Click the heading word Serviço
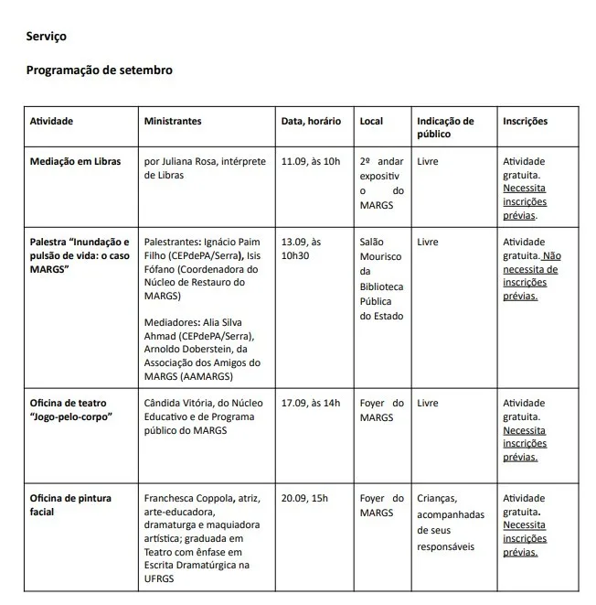click(46, 37)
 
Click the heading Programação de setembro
click(99, 70)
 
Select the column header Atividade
click(51, 121)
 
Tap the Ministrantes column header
click(173, 121)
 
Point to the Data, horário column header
click(311, 121)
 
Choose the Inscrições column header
click(525, 121)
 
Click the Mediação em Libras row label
click(75, 161)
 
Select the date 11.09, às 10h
click(311, 161)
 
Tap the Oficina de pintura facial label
click(70, 504)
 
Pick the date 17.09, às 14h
click(311, 403)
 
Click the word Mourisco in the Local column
click(381, 256)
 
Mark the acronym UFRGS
click(162, 579)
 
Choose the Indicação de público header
click(445, 127)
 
